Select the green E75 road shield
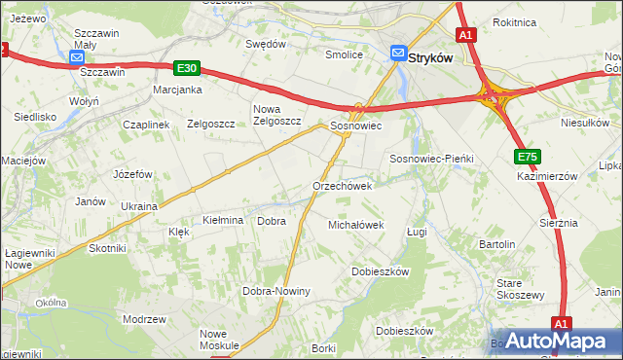point(528,157)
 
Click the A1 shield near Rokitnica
point(466,36)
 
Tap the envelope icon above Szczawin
point(78,58)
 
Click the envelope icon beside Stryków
point(399,54)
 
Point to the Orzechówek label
point(343,186)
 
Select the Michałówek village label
point(355,225)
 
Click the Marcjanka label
point(177,90)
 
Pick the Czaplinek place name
point(146,125)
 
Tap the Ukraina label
point(138,206)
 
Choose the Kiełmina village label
point(222,221)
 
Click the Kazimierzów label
point(548,176)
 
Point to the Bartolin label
point(496,243)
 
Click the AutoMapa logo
point(558,341)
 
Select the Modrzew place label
point(144,319)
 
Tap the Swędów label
point(266,44)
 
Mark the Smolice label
point(344,55)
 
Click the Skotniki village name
point(108,248)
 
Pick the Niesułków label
point(584,124)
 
